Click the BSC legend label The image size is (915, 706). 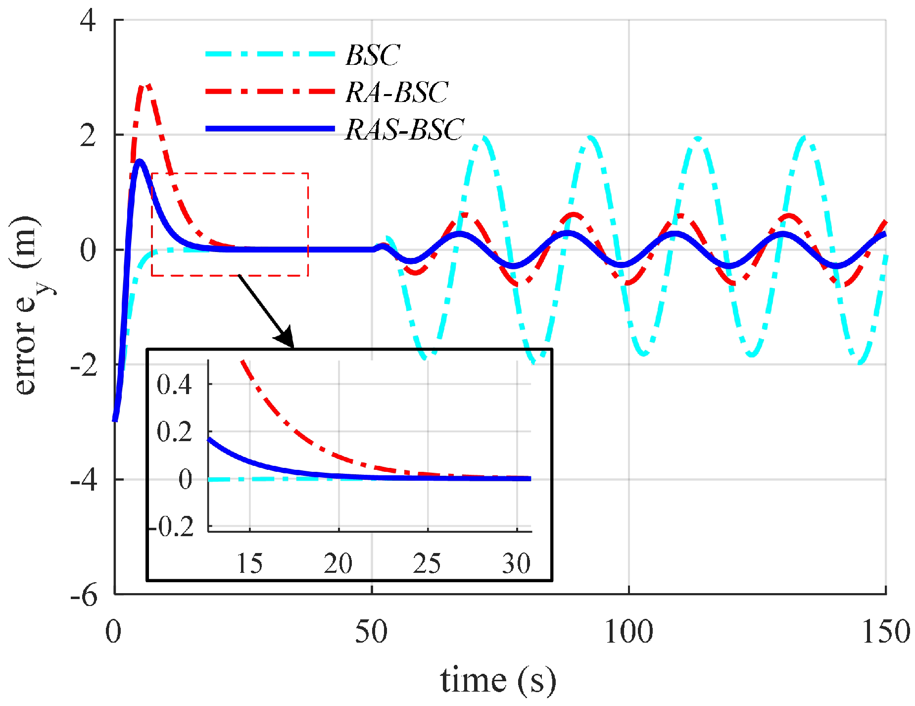(372, 55)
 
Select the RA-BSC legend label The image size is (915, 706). (397, 92)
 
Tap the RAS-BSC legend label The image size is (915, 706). (404, 130)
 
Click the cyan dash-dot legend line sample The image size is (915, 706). (270, 53)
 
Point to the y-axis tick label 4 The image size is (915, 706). (89, 21)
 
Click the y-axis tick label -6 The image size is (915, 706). (84, 596)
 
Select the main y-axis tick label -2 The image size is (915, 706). (84, 366)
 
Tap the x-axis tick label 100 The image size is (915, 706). (628, 632)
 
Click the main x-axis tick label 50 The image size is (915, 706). (371, 632)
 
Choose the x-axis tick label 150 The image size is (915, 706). (886, 632)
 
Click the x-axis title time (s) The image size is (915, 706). (498, 681)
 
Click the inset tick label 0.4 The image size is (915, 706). (174, 385)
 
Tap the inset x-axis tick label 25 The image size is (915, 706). (427, 563)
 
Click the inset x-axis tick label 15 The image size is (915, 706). (249, 563)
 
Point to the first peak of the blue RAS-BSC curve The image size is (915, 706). (140, 161)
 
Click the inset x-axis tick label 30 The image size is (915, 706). (516, 563)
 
